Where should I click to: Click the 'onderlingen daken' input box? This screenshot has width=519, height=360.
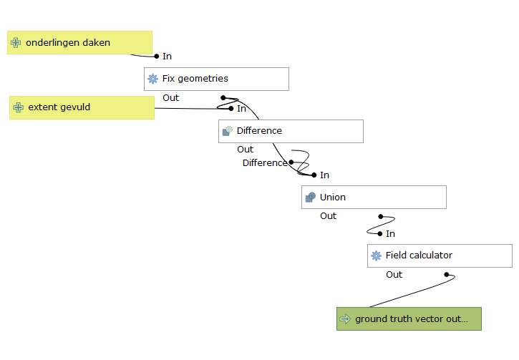tap(79, 43)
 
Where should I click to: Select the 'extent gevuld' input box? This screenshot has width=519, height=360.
tap(82, 108)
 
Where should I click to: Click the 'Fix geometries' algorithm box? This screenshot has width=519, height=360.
tap(216, 79)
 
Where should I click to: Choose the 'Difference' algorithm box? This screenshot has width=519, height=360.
tap(291, 131)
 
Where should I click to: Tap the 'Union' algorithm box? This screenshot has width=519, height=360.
tap(374, 197)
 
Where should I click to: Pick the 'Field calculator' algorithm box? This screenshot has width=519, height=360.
tap(440, 256)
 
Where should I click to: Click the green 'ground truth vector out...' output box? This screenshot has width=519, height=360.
tap(409, 318)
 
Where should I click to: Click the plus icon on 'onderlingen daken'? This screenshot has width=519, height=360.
tap(16, 43)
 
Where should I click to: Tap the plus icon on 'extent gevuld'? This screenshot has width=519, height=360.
tap(19, 108)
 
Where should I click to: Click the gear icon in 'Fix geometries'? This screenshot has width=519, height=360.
tap(152, 79)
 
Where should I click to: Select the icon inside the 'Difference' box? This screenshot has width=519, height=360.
tap(227, 131)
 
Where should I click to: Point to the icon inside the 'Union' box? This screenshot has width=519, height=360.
tap(310, 197)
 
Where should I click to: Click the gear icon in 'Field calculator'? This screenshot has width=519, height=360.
tap(376, 256)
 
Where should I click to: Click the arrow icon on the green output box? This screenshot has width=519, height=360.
tap(345, 319)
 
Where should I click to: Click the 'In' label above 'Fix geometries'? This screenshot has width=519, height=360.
tap(167, 57)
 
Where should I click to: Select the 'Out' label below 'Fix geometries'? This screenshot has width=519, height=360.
tap(170, 98)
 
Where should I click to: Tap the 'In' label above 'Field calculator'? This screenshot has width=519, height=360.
tap(390, 234)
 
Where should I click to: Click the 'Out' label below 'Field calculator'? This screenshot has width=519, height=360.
tap(394, 275)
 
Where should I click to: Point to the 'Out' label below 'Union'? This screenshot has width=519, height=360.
tap(328, 216)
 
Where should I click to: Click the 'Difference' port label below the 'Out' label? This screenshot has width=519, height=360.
tap(264, 163)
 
